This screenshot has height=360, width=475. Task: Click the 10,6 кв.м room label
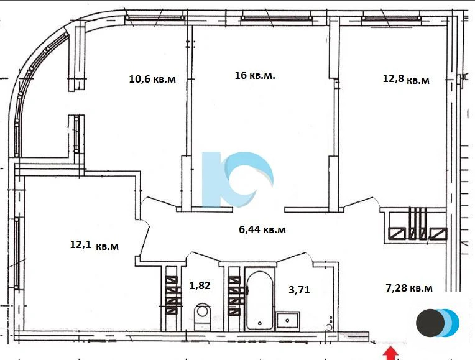click(x=152, y=79)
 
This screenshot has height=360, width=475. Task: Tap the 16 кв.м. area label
click(x=255, y=75)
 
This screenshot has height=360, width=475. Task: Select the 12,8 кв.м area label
click(x=406, y=79)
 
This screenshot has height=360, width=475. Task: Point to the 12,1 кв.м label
click(x=95, y=245)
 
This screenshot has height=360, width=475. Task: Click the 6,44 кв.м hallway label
click(x=262, y=229)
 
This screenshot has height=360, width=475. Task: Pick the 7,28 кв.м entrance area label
click(x=409, y=288)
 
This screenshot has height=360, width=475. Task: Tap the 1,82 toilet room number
click(x=200, y=285)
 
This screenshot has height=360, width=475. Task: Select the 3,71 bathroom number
click(x=299, y=290)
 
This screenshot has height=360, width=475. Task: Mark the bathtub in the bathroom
click(x=260, y=300)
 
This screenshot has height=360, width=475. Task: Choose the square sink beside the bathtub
click(x=287, y=321)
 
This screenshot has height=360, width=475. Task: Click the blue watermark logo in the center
click(x=237, y=180)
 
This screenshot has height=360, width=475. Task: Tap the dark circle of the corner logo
click(x=430, y=323)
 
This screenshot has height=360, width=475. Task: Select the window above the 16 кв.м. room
click(x=276, y=18)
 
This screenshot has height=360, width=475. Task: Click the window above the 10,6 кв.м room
click(x=155, y=18)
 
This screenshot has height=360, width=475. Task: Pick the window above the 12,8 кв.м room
click(x=392, y=19)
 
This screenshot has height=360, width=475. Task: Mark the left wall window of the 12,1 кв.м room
click(x=17, y=252)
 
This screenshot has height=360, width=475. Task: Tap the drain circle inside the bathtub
click(x=260, y=323)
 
